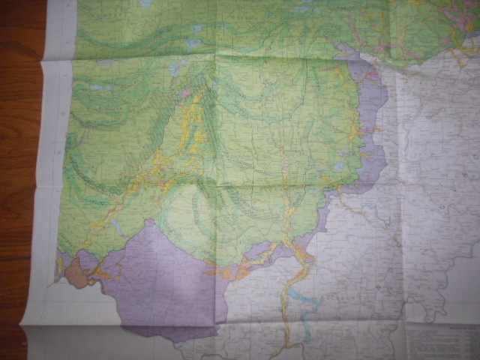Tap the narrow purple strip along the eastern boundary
pyautogui.click(x=373, y=127)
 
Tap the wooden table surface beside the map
pyautogui.click(x=19, y=150)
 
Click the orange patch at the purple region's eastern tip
pyautogui.click(x=225, y=271)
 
